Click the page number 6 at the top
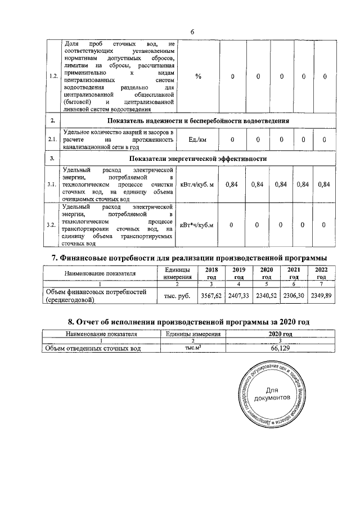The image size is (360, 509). (192, 31)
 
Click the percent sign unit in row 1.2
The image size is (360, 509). (199, 76)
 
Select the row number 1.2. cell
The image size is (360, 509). (53, 76)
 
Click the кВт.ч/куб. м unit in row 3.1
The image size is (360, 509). (199, 184)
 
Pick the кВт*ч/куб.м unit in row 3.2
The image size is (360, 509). (199, 226)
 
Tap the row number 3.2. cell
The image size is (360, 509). (53, 226)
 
